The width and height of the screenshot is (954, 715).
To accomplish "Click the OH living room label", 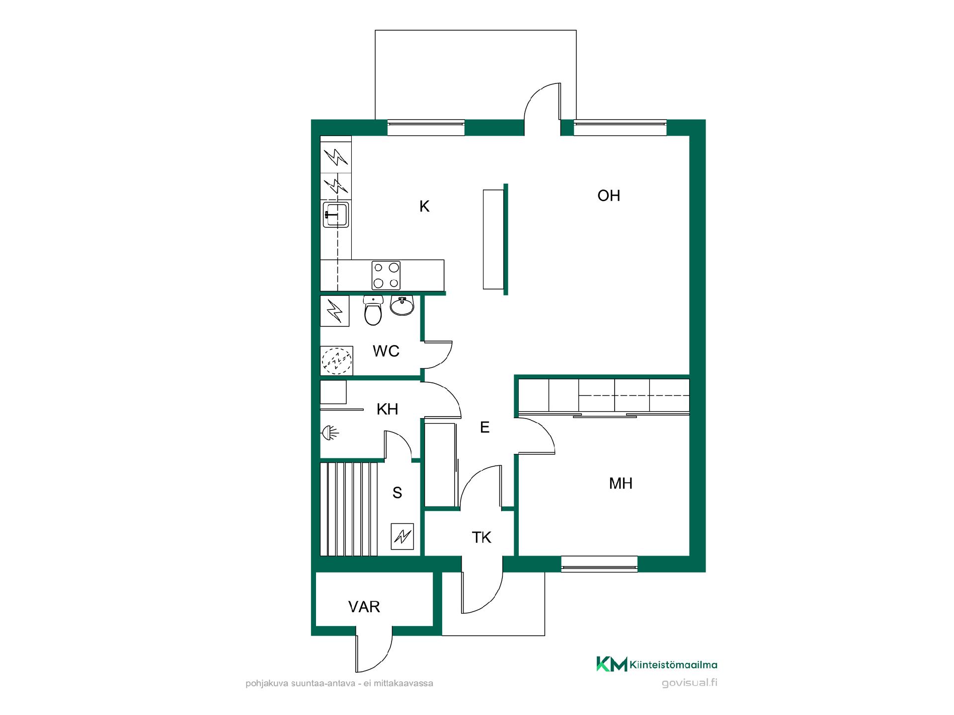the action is coord(609,196).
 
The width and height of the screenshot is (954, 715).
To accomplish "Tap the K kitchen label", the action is coord(424,207).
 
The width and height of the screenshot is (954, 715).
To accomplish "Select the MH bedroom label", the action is coord(621,483).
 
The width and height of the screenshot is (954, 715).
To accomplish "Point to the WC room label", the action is coord(386,351).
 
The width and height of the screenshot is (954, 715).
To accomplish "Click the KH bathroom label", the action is coord(387,409).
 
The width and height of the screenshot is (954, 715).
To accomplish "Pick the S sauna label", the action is coord(397,493).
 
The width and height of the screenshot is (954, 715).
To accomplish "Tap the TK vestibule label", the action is coord(481,537).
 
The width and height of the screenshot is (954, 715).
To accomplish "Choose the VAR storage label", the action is coord(364,607).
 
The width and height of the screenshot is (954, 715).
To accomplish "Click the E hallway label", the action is coord(485,427).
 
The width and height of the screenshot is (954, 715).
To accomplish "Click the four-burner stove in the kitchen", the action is coord(386,275).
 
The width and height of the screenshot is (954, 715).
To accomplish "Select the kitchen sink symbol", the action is coord(336,214).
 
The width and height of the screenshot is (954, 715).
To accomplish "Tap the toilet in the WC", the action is coord(373,310).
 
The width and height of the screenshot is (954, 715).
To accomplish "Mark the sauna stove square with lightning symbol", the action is coord(402,536).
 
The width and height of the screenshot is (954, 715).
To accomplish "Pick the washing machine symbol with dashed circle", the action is coord(337,360).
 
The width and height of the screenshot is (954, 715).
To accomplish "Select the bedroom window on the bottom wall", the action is coord(599,564).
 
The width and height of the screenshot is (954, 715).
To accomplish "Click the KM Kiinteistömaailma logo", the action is coord(657,664).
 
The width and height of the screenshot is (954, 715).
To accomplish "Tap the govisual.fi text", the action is coord(690,683).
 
